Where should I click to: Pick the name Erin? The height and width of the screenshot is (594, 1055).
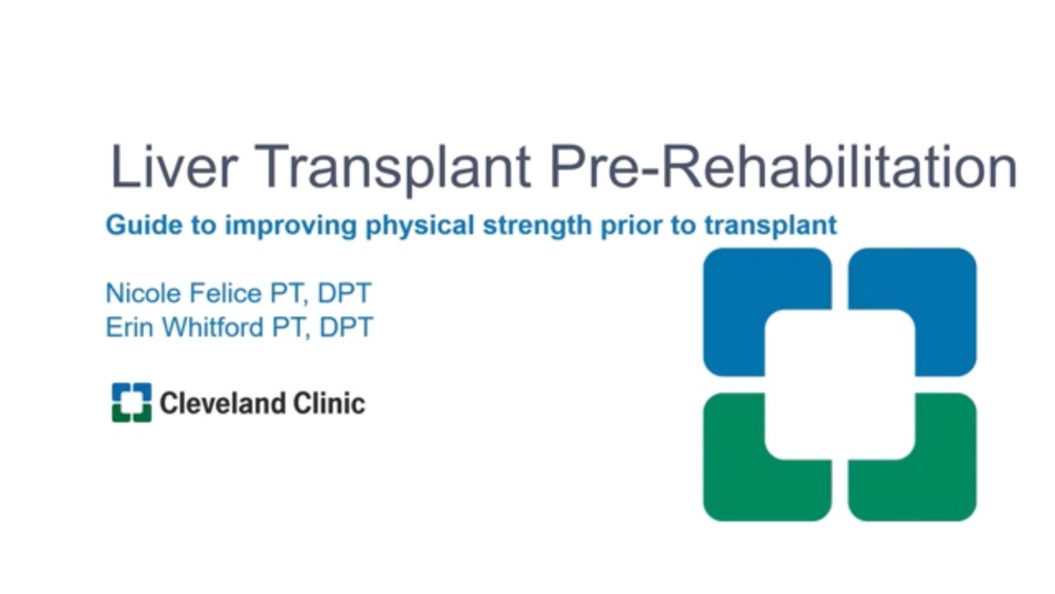[129, 328]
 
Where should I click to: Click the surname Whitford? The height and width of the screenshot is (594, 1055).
[212, 328]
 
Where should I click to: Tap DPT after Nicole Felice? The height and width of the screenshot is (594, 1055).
[345, 293]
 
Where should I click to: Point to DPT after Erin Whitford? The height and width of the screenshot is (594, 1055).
[346, 328]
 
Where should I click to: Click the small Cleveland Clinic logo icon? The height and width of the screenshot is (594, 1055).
[132, 403]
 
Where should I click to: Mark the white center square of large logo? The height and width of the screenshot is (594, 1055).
[839, 384]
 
